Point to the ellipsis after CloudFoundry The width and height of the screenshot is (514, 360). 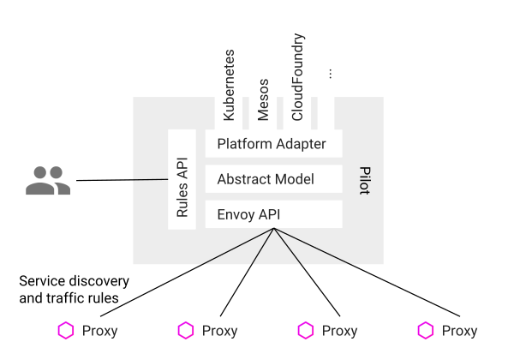click(x=330, y=75)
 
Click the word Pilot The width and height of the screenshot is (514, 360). click(x=363, y=180)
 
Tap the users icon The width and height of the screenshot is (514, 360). click(x=47, y=180)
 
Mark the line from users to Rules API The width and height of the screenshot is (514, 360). click(x=120, y=180)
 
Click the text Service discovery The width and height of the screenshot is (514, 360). click(x=74, y=281)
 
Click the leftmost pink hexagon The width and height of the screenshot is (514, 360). click(x=65, y=331)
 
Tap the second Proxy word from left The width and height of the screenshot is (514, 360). click(x=220, y=331)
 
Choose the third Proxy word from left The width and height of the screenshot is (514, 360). click(x=340, y=331)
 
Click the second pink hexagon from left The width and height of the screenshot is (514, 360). click(x=185, y=331)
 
